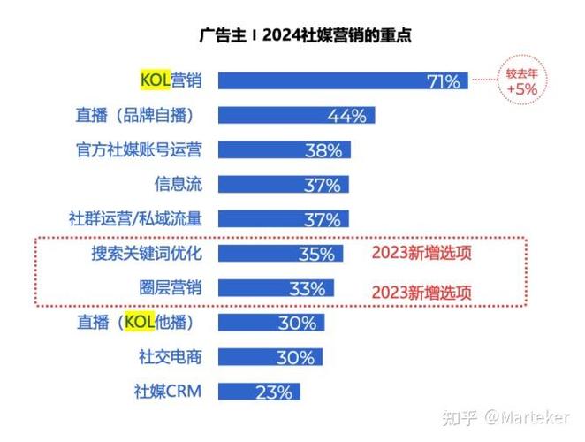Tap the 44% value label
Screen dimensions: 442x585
[x=346, y=116]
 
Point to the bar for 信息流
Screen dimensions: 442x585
[x=283, y=185]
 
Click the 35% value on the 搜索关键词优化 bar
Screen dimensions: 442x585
[x=315, y=255]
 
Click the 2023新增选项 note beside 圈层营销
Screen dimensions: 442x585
[x=422, y=291]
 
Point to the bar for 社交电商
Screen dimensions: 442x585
[x=270, y=357]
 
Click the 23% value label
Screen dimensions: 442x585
[x=275, y=392]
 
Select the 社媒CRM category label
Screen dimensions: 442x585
[x=167, y=391]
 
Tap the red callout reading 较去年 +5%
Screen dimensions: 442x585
[x=520, y=80]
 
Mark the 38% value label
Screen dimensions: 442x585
[x=323, y=150]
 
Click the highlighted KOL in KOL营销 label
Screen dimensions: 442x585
[x=156, y=80]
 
